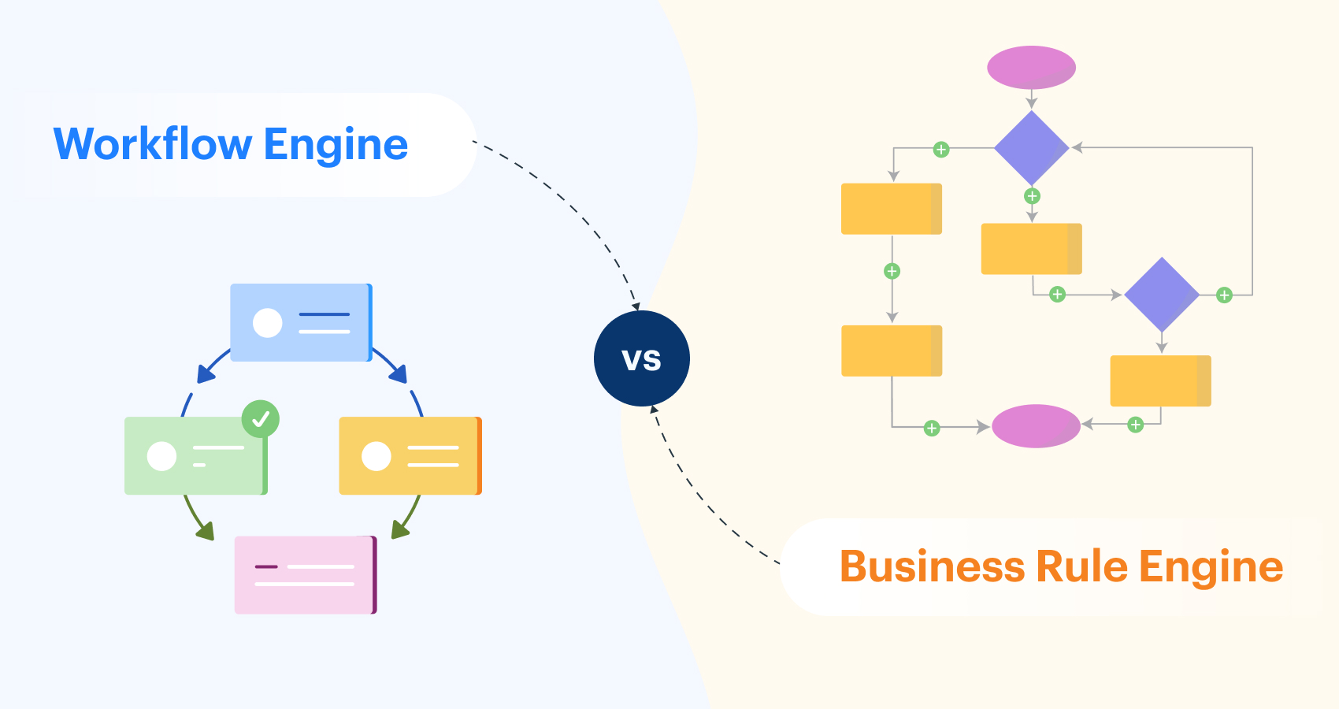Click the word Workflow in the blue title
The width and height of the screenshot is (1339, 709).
pyautogui.click(x=153, y=144)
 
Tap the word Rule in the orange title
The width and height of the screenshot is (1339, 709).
pyautogui.click(x=1081, y=566)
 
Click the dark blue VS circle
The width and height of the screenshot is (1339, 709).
pyautogui.click(x=642, y=358)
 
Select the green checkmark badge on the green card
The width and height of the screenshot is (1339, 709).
pyautogui.click(x=261, y=419)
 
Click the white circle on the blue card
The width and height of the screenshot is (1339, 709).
pyautogui.click(x=268, y=322)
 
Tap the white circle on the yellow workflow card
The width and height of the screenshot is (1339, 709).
pyautogui.click(x=376, y=456)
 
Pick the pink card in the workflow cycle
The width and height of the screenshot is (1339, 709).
pyautogui.click(x=306, y=575)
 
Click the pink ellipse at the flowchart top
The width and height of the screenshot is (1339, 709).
pyautogui.click(x=1031, y=68)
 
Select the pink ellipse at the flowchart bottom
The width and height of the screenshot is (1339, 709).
pyautogui.click(x=1036, y=426)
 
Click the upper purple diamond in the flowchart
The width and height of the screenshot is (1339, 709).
pyautogui.click(x=1031, y=148)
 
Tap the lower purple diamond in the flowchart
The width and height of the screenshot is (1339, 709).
pyautogui.click(x=1161, y=295)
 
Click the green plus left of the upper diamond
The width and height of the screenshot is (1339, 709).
pyautogui.click(x=941, y=150)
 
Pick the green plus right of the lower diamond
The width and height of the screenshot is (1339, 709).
pyautogui.click(x=1224, y=295)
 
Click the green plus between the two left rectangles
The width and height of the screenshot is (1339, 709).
pyautogui.click(x=892, y=271)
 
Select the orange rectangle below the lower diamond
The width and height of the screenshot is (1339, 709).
pyautogui.click(x=1160, y=380)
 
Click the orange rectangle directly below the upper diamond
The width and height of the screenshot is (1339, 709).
pyautogui.click(x=1031, y=249)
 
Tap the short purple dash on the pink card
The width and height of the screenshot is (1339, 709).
pyautogui.click(x=266, y=566)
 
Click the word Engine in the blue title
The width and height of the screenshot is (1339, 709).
pyautogui.click(x=336, y=144)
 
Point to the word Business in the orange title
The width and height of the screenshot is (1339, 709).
pyautogui.click(x=931, y=566)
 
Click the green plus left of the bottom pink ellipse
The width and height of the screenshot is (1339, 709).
pyautogui.click(x=932, y=428)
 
